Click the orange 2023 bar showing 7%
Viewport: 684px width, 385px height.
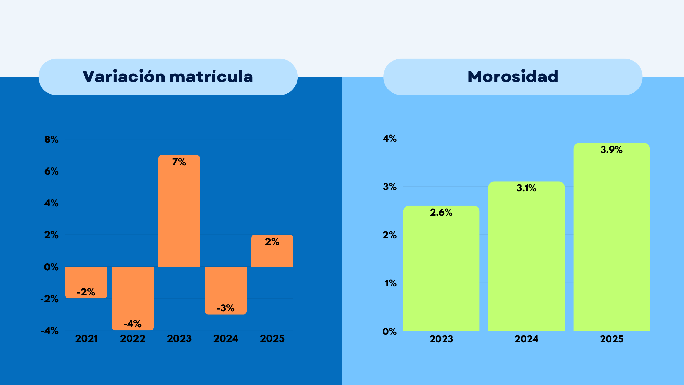click(179, 211)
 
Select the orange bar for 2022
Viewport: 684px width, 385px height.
click(133, 298)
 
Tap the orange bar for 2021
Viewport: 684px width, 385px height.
click(86, 282)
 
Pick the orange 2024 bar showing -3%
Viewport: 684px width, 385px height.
click(226, 290)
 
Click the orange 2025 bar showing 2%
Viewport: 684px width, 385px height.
click(272, 251)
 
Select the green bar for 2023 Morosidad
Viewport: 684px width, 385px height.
click(441, 268)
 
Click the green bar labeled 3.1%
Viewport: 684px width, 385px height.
click(526, 256)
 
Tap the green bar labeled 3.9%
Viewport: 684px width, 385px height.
click(611, 237)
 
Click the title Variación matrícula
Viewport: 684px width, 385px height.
click(168, 76)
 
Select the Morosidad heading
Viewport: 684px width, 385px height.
click(513, 76)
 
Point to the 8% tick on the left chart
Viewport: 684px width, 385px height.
click(52, 139)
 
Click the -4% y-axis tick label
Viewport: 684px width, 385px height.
click(50, 331)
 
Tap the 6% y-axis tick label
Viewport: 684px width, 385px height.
click(52, 171)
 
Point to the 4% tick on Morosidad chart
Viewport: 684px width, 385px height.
click(390, 138)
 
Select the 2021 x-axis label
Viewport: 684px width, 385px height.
click(87, 338)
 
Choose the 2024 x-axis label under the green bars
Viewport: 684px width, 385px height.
click(526, 339)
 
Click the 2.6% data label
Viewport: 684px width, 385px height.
click(441, 213)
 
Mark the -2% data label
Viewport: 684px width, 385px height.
click(86, 292)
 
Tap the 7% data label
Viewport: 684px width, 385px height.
click(179, 162)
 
